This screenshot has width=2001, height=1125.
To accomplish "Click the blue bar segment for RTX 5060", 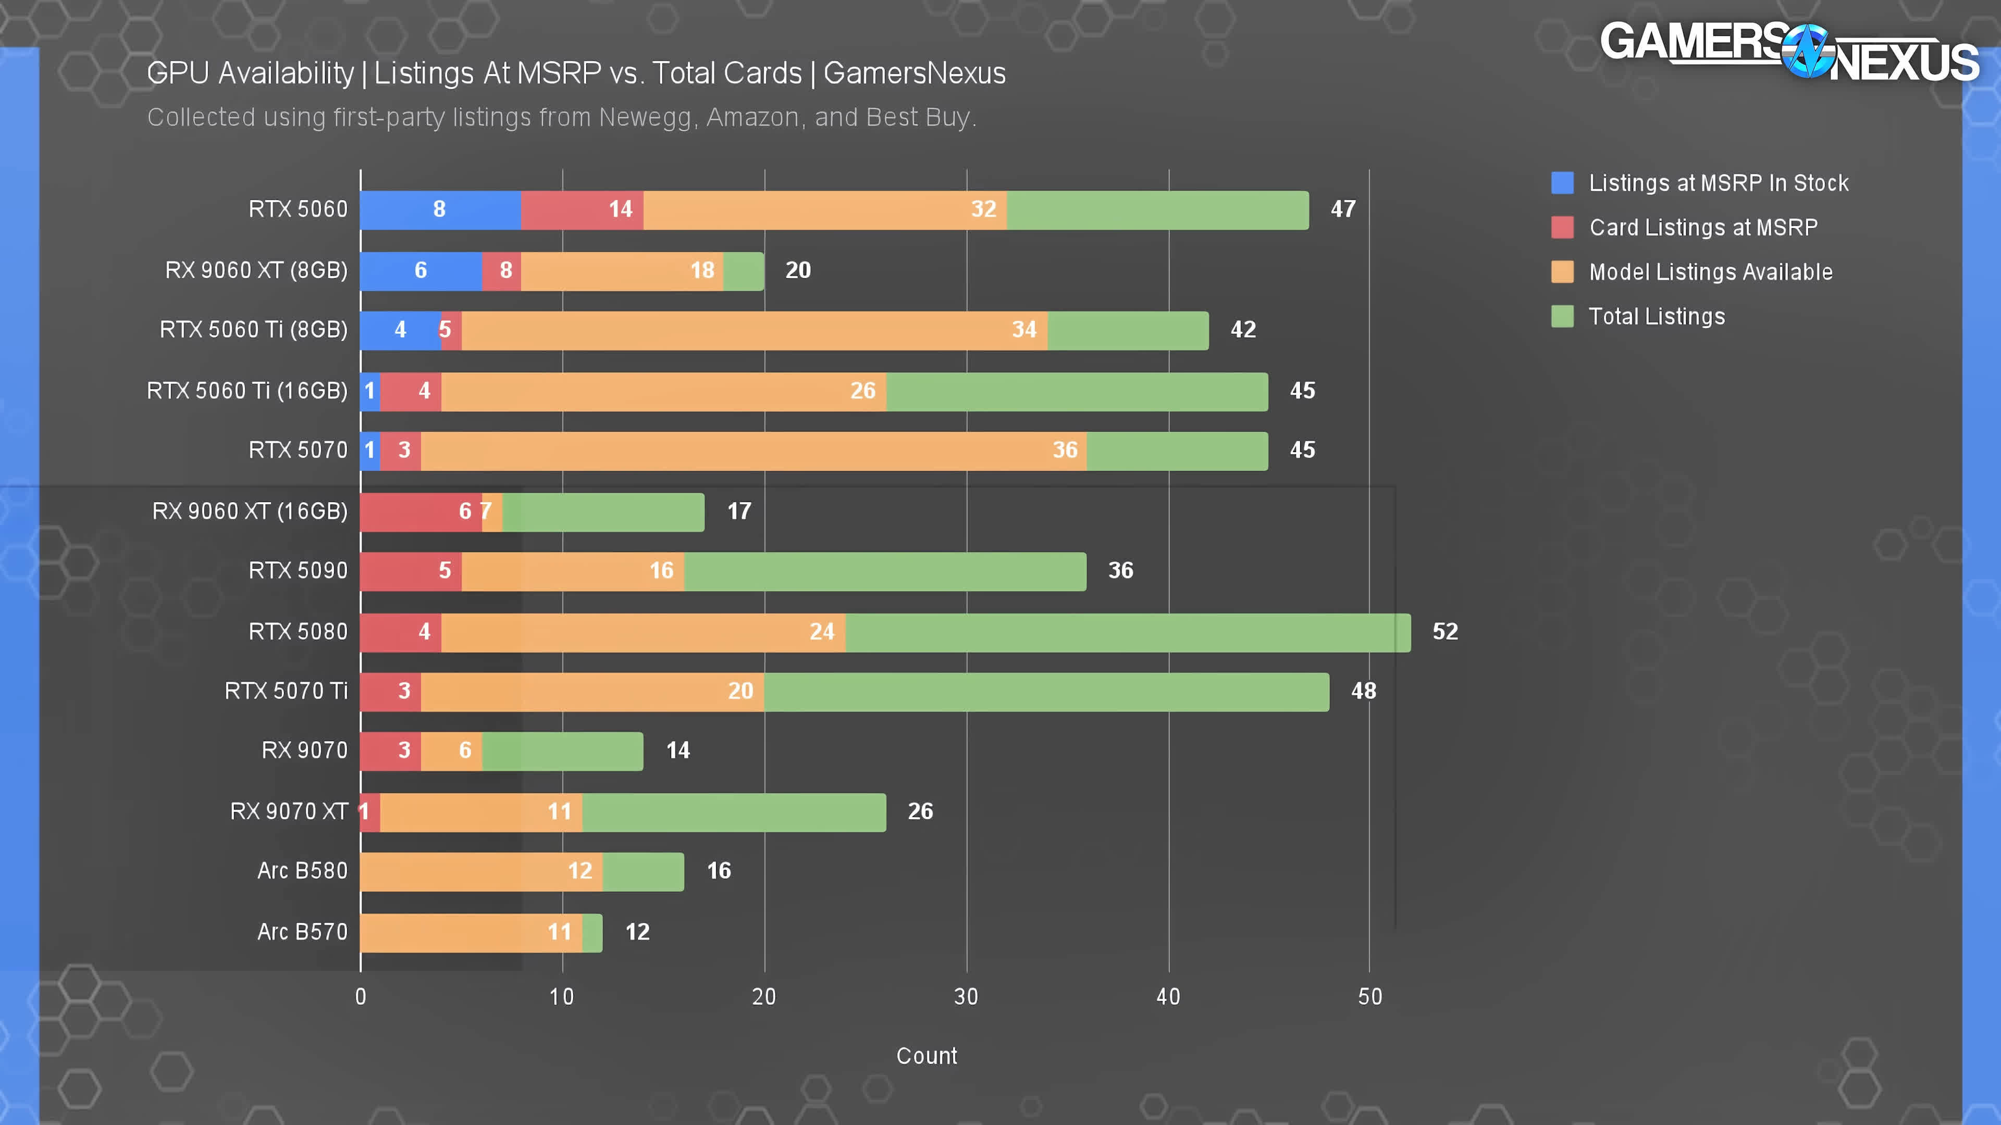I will point(440,209).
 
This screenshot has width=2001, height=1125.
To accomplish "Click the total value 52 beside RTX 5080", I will point(1445,632).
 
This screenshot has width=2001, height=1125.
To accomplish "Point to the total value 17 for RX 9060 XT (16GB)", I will point(739,511).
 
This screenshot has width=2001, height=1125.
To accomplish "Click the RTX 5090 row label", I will point(298,571).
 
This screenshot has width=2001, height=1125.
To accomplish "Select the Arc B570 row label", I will point(302,932).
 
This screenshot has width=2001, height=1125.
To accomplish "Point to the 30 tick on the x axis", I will point(966,997).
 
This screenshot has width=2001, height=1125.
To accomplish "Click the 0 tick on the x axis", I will point(361,997).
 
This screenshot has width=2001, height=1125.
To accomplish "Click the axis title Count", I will point(926,1056).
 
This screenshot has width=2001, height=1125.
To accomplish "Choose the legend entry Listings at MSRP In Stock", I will point(1718,183).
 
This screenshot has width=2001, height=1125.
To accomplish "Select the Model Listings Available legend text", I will point(1710,272).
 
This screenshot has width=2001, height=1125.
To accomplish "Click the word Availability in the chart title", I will point(286,74).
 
